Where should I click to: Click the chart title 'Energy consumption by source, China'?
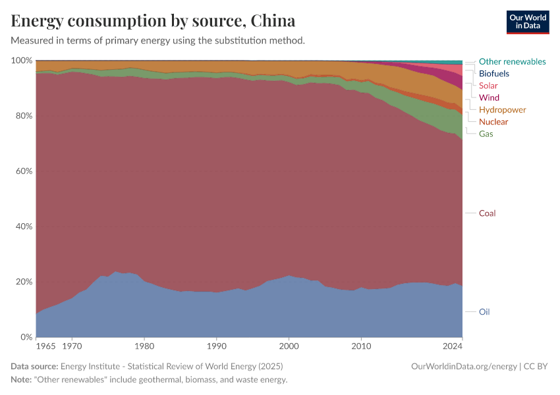coord(153,20)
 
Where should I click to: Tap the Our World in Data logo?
coord(528,22)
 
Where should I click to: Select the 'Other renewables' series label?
coord(512,61)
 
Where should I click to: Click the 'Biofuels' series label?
coord(493,74)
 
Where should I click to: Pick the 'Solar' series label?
coord(488,86)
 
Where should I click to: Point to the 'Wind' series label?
coord(489,97)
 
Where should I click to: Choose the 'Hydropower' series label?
coord(502,109)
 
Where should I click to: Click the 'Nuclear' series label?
coord(493,122)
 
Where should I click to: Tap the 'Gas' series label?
coord(486,134)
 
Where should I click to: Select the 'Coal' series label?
coord(487,213)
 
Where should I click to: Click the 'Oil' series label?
coord(484,312)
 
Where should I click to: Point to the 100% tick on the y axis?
coord(22,61)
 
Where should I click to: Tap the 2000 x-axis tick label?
coord(289,346)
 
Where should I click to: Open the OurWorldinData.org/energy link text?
coord(463,366)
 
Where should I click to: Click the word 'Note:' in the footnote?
coord(22,380)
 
